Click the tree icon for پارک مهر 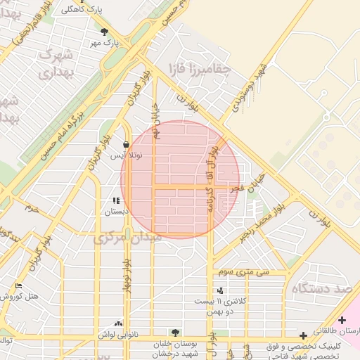tap(105, 32)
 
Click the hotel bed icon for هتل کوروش tap(18, 285)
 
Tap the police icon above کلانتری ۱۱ tap(221, 290)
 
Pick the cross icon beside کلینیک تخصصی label tap(302, 335)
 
